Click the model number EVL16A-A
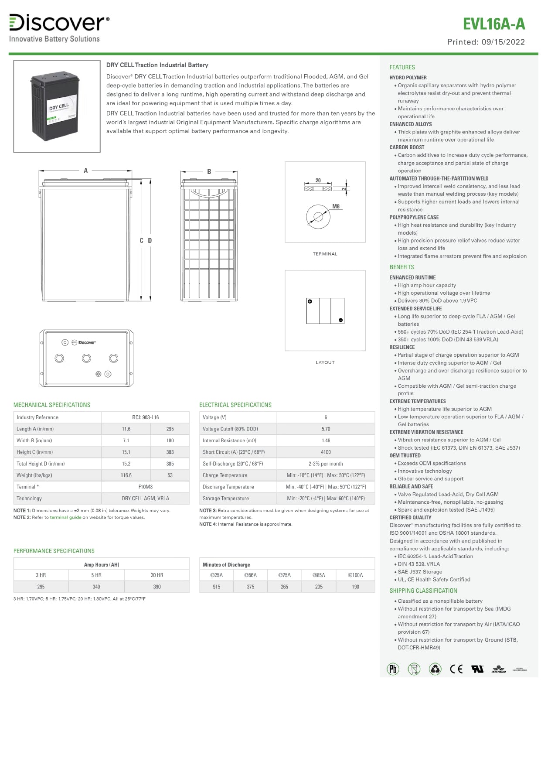point(493,24)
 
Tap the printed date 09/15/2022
point(503,42)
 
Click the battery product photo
point(57,106)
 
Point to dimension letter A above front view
point(85,171)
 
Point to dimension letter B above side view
point(209,171)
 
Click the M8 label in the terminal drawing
point(336,206)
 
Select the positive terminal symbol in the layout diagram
point(310,301)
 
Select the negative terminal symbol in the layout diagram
point(340,320)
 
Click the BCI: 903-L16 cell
point(145,417)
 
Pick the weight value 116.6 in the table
point(126,475)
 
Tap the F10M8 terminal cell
point(145,487)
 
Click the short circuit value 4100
point(326,452)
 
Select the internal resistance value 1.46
point(326,441)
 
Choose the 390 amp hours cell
point(157,587)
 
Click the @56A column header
point(250,575)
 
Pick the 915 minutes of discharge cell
point(216,587)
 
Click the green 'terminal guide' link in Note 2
point(65,517)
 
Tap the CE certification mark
point(456,669)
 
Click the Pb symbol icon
point(393,669)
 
